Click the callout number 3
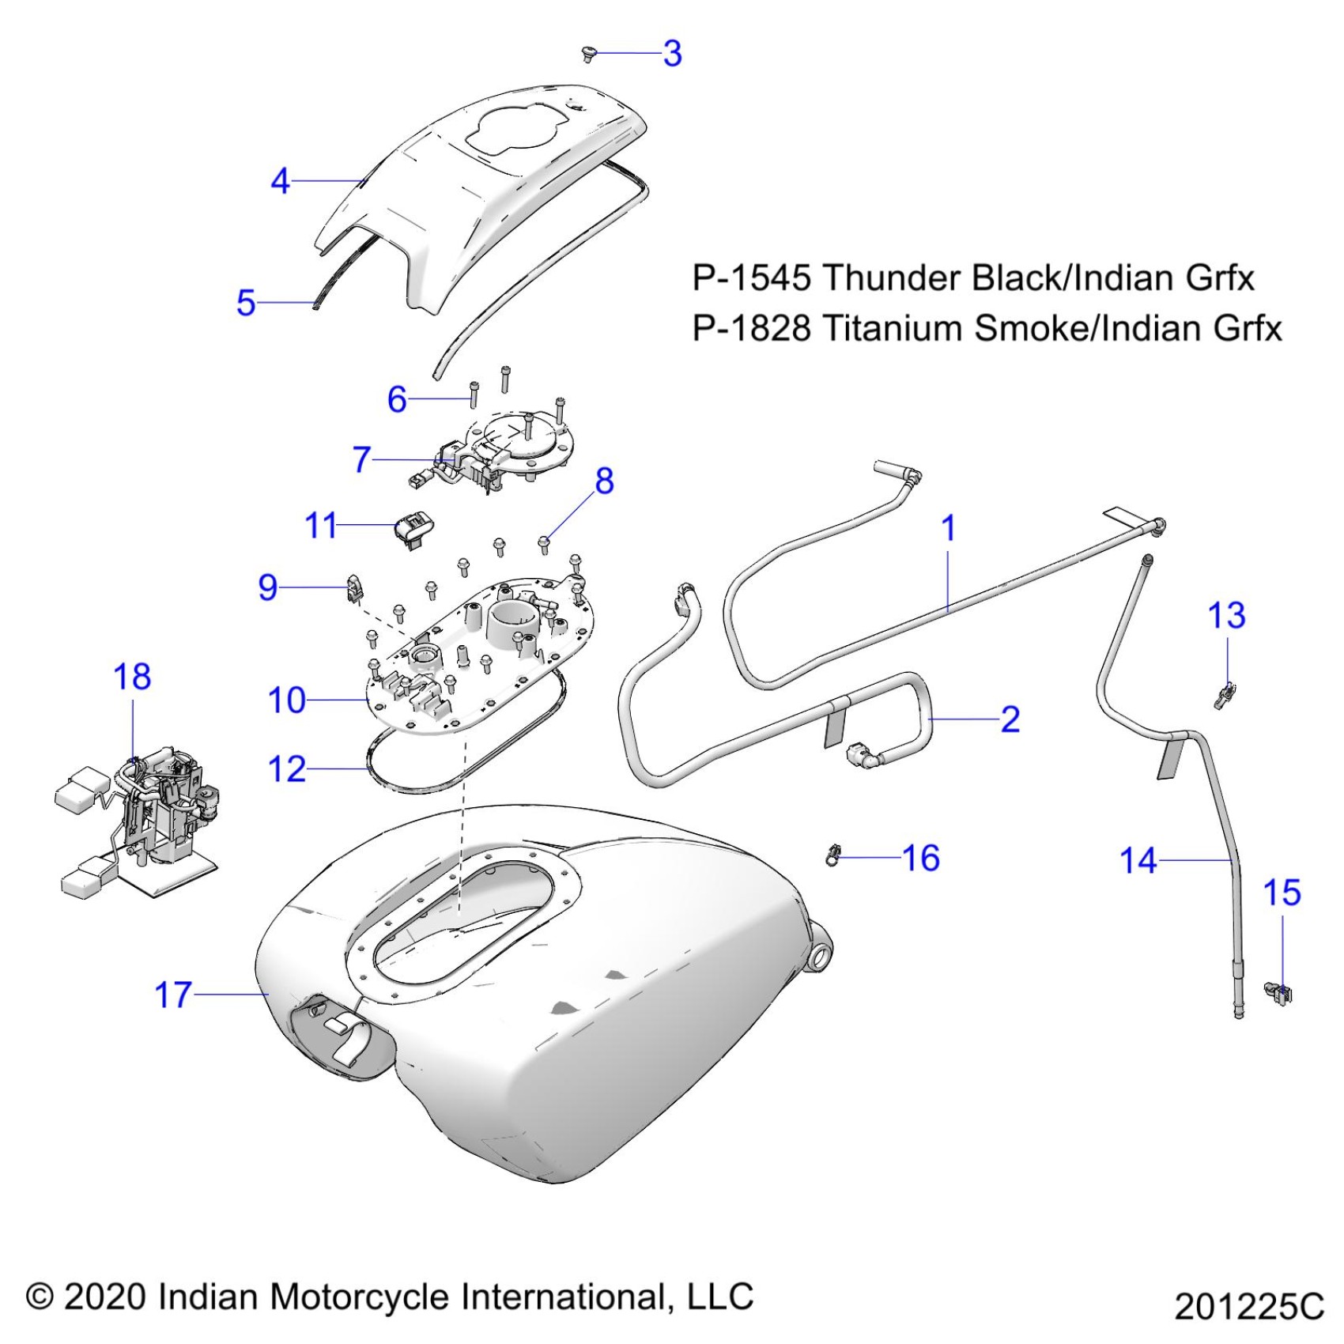click(672, 54)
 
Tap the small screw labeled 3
click(587, 53)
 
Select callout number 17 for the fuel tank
click(173, 995)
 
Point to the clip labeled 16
click(832, 854)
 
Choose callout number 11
click(321, 526)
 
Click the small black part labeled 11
click(414, 525)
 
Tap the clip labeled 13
click(1225, 694)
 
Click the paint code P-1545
click(751, 278)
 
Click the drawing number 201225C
click(1248, 1307)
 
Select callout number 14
click(1138, 860)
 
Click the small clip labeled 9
click(357, 587)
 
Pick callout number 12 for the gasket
click(287, 768)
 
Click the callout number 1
click(949, 528)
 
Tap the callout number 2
click(1010, 719)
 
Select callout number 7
click(361, 459)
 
